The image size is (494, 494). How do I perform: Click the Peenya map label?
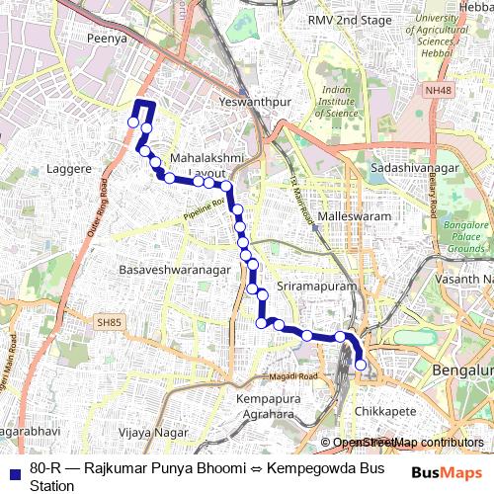108,39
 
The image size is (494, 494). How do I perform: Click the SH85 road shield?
107,322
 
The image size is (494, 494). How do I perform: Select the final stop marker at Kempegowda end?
361,366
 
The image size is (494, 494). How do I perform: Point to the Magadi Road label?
294,377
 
